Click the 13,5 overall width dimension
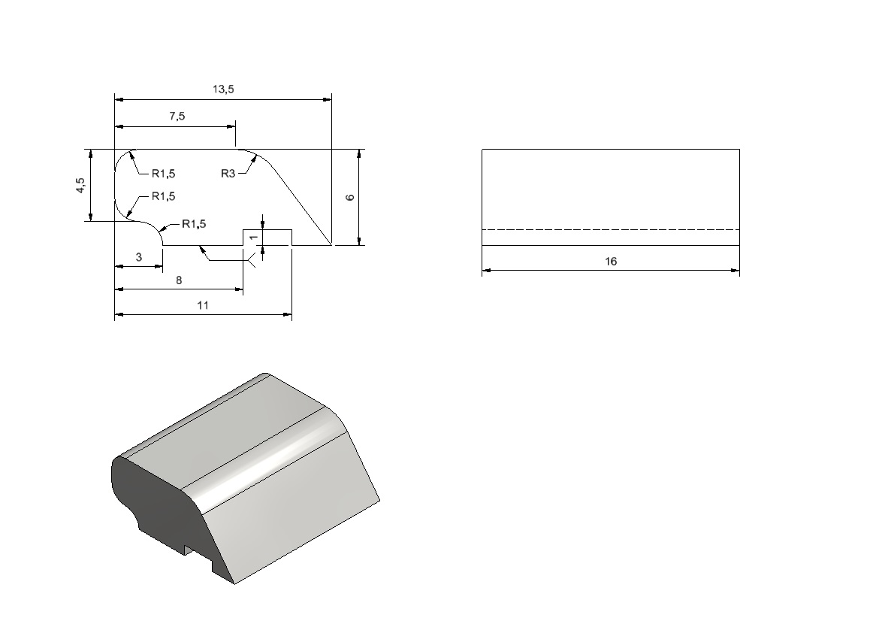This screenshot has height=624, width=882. click(x=223, y=89)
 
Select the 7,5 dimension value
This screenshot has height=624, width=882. click(x=177, y=116)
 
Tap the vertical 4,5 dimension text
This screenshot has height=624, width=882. click(x=81, y=186)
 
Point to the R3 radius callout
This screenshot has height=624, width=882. click(x=228, y=174)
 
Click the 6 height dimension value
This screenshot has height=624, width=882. click(x=350, y=198)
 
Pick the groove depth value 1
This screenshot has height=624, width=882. click(x=254, y=238)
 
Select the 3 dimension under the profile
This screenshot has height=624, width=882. click(x=139, y=257)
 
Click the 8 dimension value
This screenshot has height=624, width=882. click(x=179, y=280)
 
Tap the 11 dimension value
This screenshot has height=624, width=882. click(x=203, y=305)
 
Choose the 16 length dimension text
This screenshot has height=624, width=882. click(x=611, y=261)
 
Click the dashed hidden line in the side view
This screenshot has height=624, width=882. click(x=611, y=229)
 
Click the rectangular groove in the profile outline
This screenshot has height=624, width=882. click(x=267, y=229)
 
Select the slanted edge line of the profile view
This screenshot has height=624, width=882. click(x=301, y=204)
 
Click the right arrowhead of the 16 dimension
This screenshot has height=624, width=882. click(x=736, y=270)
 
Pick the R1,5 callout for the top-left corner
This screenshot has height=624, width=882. click(x=163, y=174)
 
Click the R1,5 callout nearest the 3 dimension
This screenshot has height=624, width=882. click(x=194, y=224)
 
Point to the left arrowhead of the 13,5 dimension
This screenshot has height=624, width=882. click(x=119, y=99)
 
